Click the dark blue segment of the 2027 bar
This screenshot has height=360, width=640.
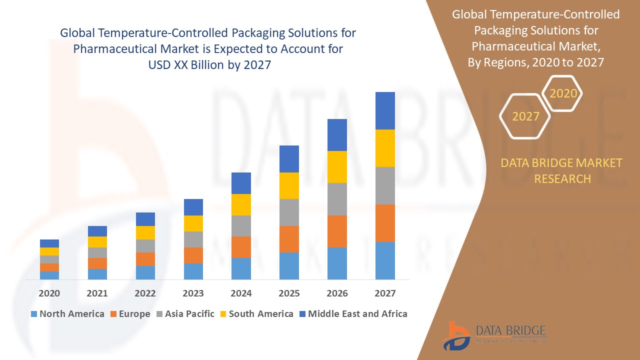pos(385,110)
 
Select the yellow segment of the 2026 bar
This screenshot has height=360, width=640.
pos(337,167)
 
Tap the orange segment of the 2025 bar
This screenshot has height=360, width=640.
pos(289,239)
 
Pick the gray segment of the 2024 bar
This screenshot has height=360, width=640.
pos(241,226)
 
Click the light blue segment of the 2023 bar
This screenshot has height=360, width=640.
pos(193,271)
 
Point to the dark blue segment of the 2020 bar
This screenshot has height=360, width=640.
pos(49,243)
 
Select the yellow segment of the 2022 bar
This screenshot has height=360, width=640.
pos(145,232)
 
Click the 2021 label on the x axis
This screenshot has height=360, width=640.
pos(97,293)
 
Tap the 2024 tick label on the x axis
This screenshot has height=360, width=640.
pos(241,293)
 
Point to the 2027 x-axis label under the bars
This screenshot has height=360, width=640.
pos(385,293)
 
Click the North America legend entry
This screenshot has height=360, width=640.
pos(67,314)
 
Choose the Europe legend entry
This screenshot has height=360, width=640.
pos(129,314)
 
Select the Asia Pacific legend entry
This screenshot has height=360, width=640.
pos(184,314)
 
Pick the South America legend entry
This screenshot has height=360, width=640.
pos(256,314)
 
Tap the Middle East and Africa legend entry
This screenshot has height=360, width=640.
pos(352,314)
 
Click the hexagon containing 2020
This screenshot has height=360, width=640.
pos(563,93)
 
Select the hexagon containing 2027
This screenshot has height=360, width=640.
pos(525,116)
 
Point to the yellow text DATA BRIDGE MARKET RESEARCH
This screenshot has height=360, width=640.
pos(562,170)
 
